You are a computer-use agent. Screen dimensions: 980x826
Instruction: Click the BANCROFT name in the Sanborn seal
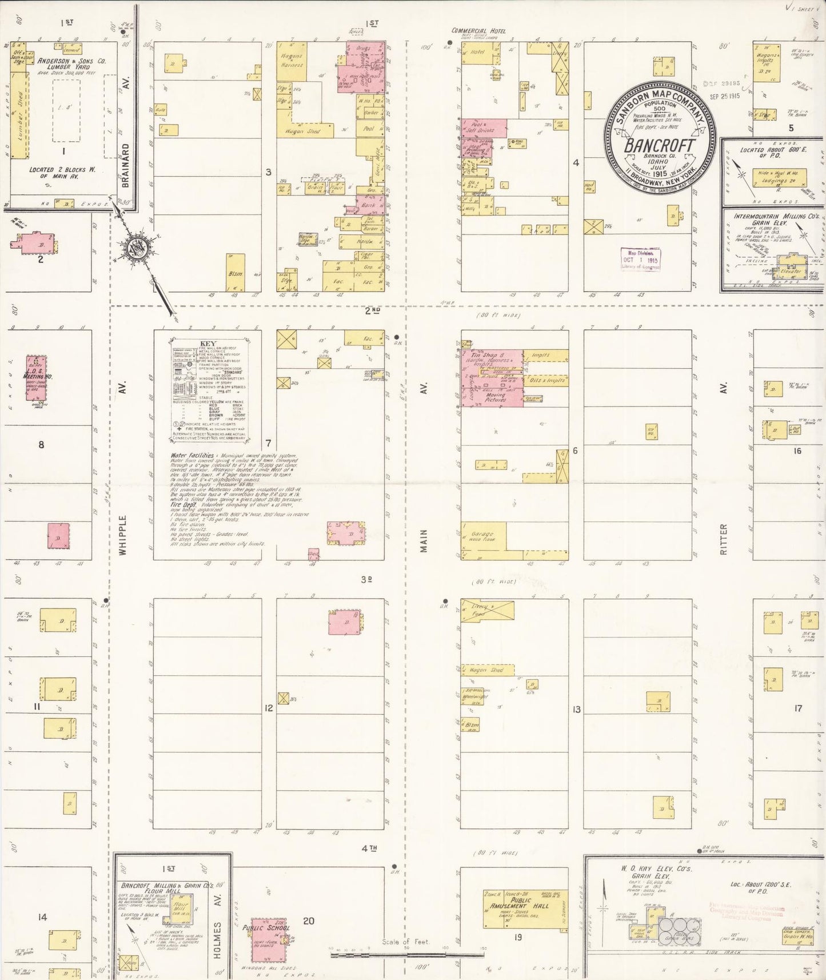click(659, 145)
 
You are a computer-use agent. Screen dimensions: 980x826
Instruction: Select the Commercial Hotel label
click(478, 31)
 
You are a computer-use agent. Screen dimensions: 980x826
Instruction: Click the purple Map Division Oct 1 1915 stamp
click(640, 259)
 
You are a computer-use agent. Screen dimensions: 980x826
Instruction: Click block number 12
click(268, 708)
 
